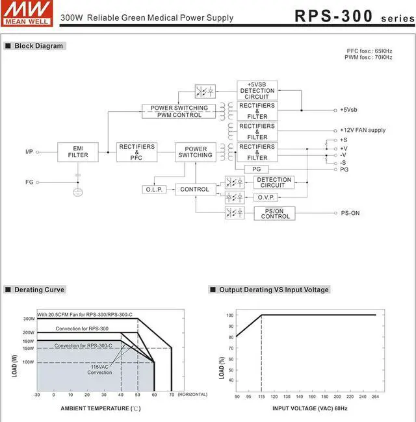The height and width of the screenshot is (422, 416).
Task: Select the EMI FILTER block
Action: point(78,152)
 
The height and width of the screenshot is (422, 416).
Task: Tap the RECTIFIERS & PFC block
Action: point(136,152)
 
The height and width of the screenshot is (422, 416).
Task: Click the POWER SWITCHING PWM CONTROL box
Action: point(179,111)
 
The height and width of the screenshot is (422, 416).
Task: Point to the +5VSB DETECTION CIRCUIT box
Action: point(257,90)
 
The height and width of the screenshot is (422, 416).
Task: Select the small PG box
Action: point(256,169)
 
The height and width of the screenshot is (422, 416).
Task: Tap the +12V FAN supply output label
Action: point(363,130)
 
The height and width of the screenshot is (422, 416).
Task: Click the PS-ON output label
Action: point(350,213)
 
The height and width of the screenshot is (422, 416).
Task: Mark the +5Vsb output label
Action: point(348,110)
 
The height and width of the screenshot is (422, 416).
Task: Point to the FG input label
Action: point(29,182)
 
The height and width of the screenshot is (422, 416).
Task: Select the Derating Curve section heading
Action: point(39,290)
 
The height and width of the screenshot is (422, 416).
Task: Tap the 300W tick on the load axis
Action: point(29,319)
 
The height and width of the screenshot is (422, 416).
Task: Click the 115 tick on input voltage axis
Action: point(261,396)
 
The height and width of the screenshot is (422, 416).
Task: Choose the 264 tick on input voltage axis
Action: point(376,396)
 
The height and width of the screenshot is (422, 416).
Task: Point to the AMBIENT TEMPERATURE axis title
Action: point(100,408)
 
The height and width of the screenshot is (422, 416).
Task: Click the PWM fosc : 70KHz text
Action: point(369,58)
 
